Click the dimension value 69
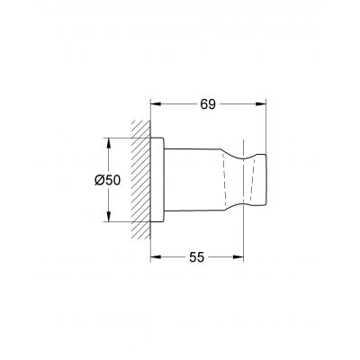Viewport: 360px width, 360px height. coord(208,104)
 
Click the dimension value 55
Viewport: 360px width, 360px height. coord(196,257)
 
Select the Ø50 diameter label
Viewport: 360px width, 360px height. coord(107,180)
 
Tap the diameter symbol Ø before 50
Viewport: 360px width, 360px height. coord(100,180)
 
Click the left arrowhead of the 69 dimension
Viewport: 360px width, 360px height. coord(156,104)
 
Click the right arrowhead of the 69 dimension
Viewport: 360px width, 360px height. coord(260,104)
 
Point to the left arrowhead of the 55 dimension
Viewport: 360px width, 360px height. coord(156,257)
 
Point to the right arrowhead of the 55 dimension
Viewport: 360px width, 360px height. coord(238,257)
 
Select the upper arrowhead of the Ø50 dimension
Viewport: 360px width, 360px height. coord(109,144)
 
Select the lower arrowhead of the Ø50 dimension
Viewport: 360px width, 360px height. coord(109,216)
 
